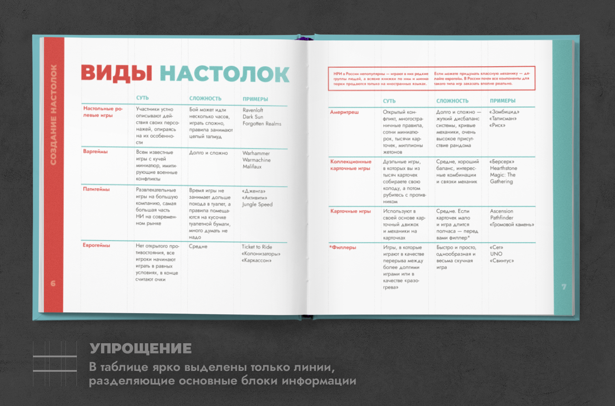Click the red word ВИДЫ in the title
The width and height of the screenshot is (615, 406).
(116, 73)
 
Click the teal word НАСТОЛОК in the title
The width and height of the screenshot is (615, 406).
(224, 74)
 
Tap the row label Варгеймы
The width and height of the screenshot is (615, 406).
(95, 151)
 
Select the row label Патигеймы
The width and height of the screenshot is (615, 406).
(96, 189)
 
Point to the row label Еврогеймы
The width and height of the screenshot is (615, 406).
(96, 245)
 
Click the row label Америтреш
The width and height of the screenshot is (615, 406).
(344, 112)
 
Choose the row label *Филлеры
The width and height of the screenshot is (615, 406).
(343, 248)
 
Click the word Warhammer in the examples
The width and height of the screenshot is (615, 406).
(256, 153)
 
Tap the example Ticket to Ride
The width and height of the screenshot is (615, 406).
(257, 247)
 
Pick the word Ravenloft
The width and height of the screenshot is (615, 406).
(253, 110)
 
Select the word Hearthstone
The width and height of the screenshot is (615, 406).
(503, 168)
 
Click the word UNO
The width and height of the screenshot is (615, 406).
(496, 254)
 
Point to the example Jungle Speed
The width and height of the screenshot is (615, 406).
(257, 205)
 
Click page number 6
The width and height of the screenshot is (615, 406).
(53, 284)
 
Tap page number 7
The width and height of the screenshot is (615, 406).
(564, 287)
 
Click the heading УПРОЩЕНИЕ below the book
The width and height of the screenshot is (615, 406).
(141, 349)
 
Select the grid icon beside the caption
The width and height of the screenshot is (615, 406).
(55, 363)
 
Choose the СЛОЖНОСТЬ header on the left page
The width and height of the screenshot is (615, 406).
(205, 99)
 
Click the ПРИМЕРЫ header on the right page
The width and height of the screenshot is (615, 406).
(503, 101)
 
